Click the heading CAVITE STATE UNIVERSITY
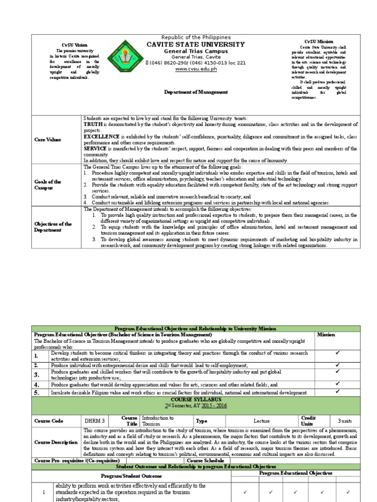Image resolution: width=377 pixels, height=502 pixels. point(195,45)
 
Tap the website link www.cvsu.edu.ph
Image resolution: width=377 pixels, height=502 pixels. point(195,69)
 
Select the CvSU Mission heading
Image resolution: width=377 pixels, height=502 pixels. point(318,42)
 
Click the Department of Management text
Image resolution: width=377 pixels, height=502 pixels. point(195,92)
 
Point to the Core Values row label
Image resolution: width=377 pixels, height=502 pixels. point(48,140)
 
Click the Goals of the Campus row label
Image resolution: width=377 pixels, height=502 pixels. point(48,184)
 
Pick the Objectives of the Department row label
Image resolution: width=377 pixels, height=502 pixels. point(53,226)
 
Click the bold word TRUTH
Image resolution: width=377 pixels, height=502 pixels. point(94,125)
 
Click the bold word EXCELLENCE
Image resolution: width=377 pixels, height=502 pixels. point(102,136)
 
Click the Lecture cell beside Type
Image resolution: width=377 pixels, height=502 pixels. point(262,421)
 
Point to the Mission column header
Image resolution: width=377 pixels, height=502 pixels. point(326,335)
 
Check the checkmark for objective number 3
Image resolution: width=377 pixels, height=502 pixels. point(337,371)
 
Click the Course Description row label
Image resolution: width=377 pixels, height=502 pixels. point(56,442)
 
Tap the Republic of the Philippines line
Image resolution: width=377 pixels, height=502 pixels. point(195,38)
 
